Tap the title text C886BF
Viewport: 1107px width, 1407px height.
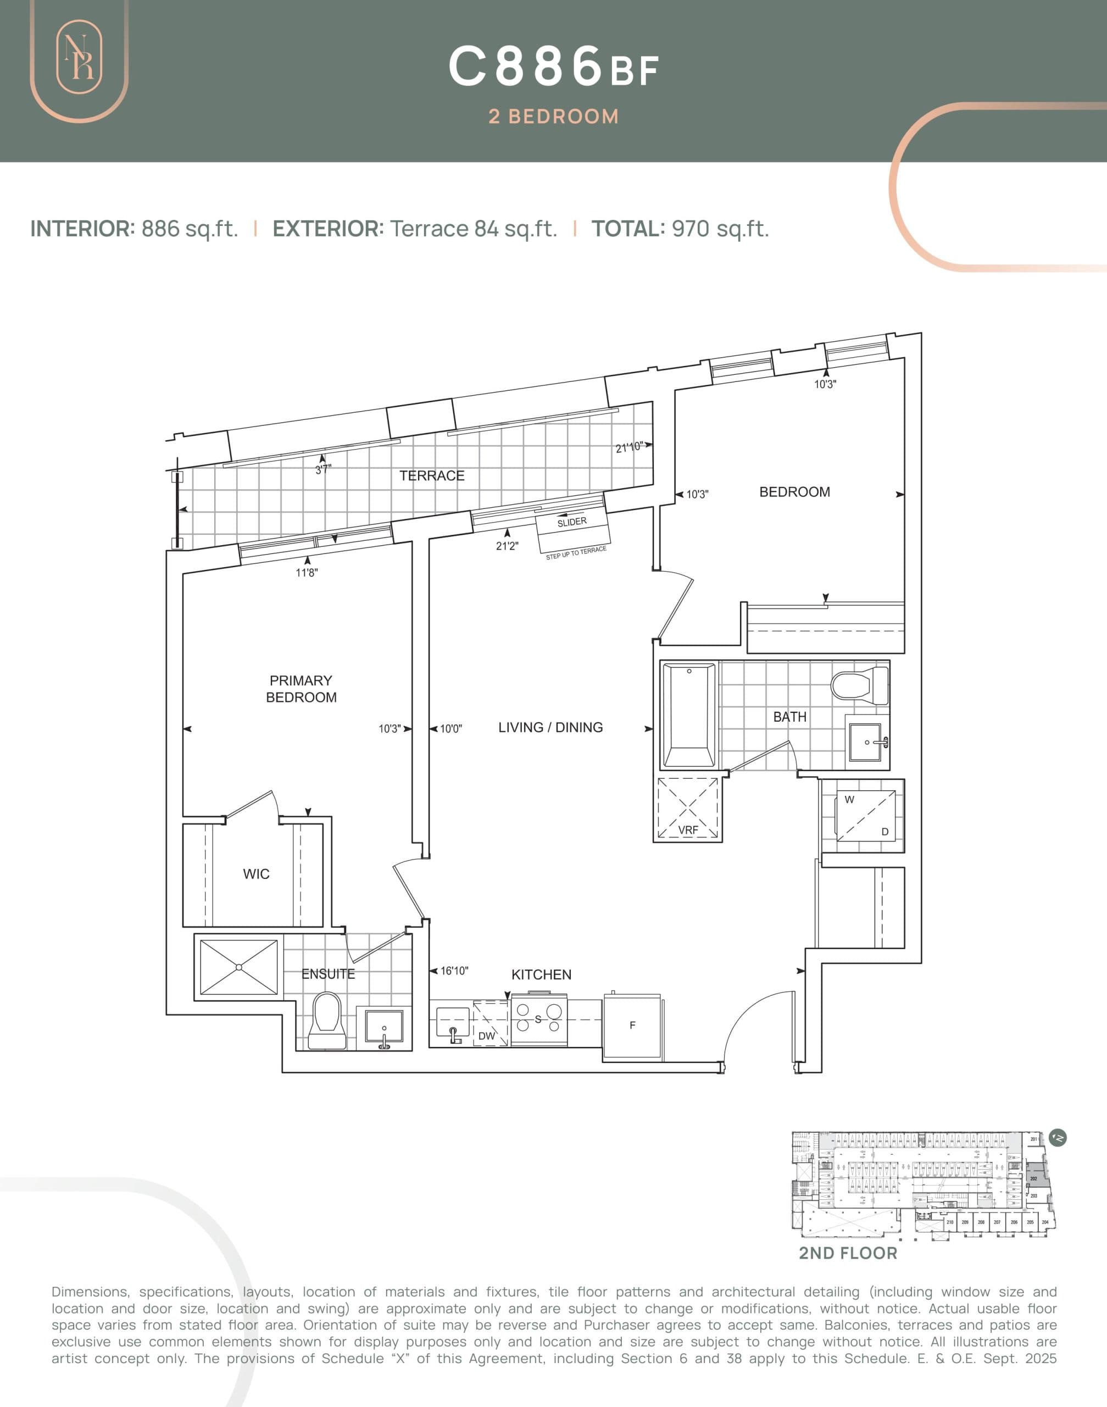point(553,68)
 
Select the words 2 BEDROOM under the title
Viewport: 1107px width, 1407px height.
point(553,117)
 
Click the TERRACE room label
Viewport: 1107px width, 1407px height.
point(432,476)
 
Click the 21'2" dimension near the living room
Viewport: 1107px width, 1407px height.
point(507,546)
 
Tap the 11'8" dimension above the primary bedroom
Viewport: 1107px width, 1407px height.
point(307,573)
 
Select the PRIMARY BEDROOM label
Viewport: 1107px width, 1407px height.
point(301,689)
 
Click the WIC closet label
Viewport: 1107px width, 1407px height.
point(256,874)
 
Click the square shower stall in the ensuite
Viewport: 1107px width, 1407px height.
point(238,967)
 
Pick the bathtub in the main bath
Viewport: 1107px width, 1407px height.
point(688,714)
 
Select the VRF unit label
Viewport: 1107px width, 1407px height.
point(688,830)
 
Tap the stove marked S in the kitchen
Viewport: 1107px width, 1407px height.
point(538,1020)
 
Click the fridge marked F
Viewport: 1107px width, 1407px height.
point(632,1025)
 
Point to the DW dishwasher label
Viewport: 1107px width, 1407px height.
point(486,1036)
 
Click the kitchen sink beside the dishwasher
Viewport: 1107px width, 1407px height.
point(452,1023)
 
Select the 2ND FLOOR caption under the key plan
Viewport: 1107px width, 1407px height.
point(847,1253)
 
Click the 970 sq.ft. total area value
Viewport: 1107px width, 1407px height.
point(720,229)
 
